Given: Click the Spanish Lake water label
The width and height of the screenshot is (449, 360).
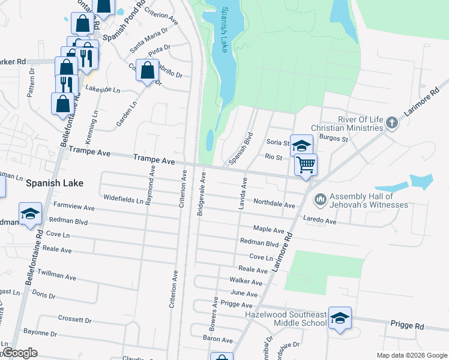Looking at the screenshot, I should coord(225,30).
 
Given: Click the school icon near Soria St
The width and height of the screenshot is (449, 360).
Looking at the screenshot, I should coord(301,145).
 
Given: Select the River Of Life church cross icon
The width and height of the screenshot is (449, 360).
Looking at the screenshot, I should coord(392,123).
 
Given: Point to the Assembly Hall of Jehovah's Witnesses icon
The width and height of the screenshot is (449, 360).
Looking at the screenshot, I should coord(320,198).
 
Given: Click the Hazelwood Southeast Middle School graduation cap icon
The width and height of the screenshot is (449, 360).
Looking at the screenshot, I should coord(340,317).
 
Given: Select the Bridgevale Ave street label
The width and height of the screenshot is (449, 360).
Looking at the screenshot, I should coord(203,194).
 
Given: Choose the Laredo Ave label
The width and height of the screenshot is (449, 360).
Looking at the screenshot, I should coord(320,220).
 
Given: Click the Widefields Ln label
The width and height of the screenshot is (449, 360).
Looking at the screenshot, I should coord(123,198).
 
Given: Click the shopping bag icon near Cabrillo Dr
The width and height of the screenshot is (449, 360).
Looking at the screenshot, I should coord(147,70).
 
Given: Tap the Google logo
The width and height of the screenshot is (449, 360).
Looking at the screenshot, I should coord(20,353).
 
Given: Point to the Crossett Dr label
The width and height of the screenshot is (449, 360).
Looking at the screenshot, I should coord(71,320).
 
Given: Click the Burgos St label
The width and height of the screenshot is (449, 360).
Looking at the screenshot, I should coord(334,139).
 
